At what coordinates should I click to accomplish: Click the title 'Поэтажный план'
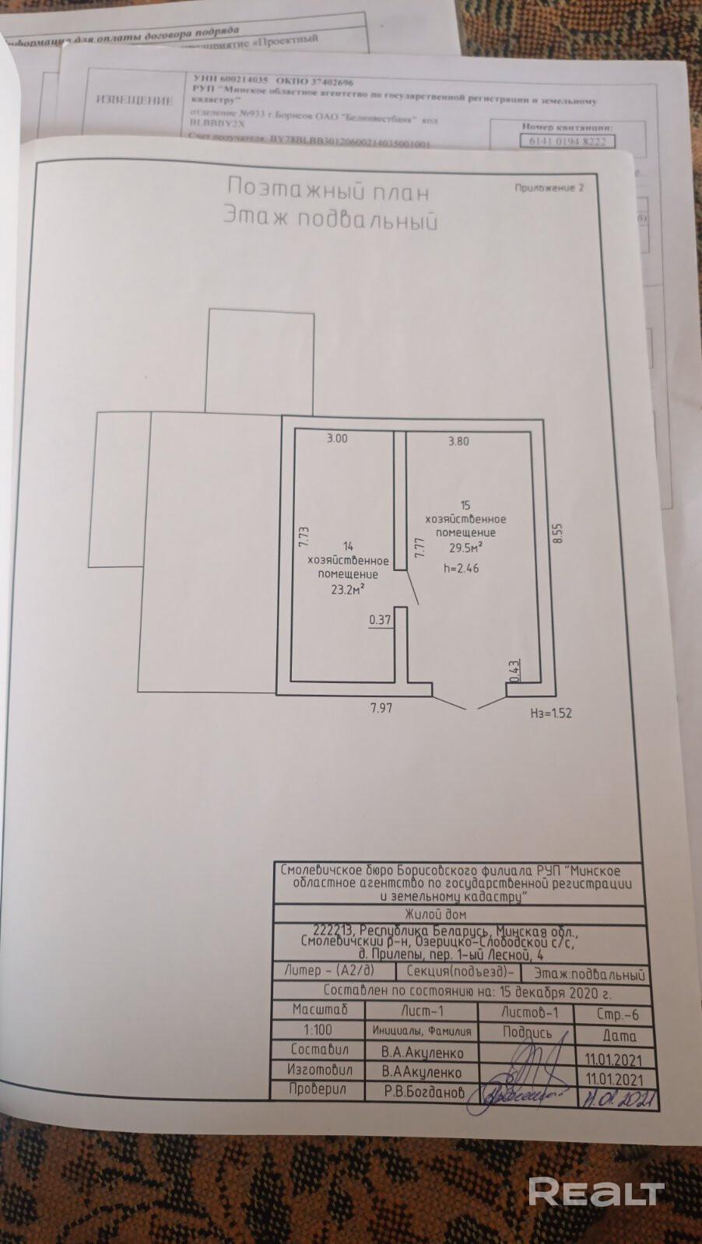[328, 190]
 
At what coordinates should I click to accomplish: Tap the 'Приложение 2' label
[549, 187]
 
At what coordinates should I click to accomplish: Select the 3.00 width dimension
[337, 439]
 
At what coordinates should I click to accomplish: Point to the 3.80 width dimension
[458, 441]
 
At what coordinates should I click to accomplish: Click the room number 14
[347, 546]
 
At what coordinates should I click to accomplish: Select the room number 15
[465, 504]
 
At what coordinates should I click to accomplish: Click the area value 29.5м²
[465, 547]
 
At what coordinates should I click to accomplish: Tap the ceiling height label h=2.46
[461, 568]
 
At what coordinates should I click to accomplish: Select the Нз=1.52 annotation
[550, 713]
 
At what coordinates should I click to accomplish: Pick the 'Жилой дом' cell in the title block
[436, 914]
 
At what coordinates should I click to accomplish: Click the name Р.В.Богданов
[423, 1092]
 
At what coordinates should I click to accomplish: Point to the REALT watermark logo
[595, 1191]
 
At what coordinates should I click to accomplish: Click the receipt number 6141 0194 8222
[567, 142]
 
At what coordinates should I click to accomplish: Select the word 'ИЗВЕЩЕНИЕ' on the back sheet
[133, 100]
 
